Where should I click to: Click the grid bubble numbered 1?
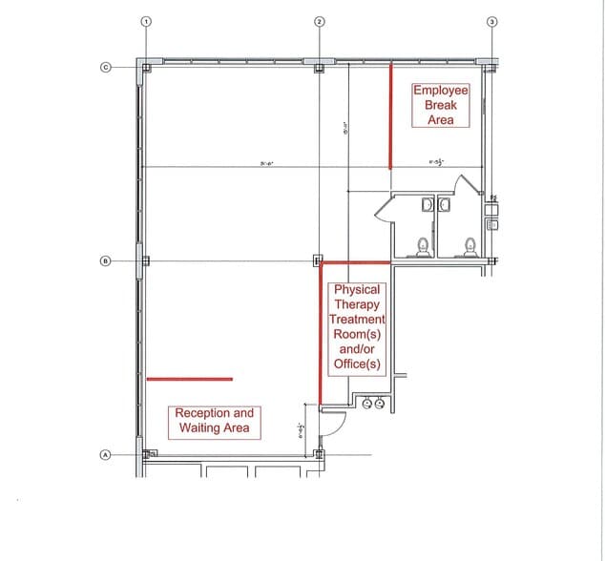145,21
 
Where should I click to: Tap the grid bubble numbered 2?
319,21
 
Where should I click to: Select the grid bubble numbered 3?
492,21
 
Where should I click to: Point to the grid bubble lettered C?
107,67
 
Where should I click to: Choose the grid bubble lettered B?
107,260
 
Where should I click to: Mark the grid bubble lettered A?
107,455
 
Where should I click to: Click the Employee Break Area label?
441,105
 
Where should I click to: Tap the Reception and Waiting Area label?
215,421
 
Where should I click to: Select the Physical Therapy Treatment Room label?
357,326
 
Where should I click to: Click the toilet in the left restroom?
422,247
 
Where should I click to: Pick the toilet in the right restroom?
469,247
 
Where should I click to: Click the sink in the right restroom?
444,204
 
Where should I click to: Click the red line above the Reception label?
190,379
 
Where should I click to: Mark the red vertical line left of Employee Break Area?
390,115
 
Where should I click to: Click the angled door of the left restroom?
384,207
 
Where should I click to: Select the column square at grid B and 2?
318,260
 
